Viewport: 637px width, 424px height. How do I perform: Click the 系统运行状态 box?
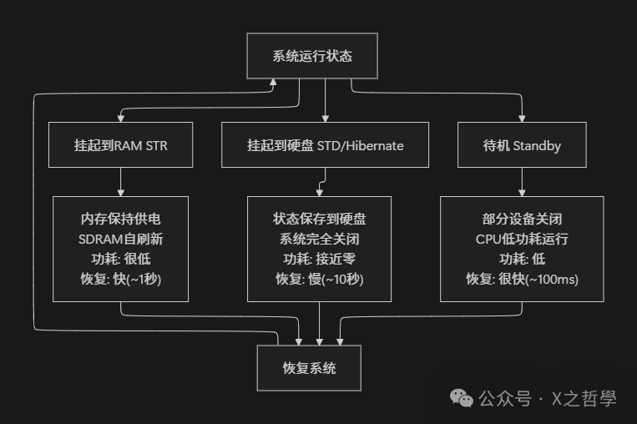pyautogui.click(x=312, y=56)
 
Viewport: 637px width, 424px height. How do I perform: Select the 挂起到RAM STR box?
pyautogui.click(x=121, y=145)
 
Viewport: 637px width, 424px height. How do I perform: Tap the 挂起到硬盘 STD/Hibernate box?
pyautogui.click(x=325, y=145)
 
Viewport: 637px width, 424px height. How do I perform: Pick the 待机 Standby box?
pyautogui.click(x=522, y=145)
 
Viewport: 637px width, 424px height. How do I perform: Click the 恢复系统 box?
pyautogui.click(x=309, y=367)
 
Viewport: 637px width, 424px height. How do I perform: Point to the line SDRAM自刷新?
pyautogui.click(x=121, y=239)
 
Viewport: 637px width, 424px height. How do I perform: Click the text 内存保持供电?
pyautogui.click(x=121, y=219)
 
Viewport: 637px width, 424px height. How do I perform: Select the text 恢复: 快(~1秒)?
pyautogui.click(x=121, y=279)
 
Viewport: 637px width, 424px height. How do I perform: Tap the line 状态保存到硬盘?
pyautogui.click(x=320, y=219)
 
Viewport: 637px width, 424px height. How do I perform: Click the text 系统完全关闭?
pyautogui.click(x=320, y=239)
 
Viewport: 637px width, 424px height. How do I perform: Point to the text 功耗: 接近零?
pyautogui.click(x=320, y=259)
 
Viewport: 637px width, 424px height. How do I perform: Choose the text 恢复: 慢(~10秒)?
pyautogui.click(x=320, y=279)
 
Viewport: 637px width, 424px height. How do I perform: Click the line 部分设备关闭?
pyautogui.click(x=522, y=219)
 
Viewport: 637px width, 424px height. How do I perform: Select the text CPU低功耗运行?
pyautogui.click(x=522, y=239)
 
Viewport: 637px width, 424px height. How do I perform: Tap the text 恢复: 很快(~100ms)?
pyautogui.click(x=522, y=279)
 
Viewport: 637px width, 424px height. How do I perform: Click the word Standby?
pyautogui.click(x=537, y=145)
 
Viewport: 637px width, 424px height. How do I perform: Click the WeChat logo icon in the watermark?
pyautogui.click(x=462, y=398)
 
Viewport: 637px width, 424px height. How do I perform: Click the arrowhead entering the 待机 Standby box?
pyautogui.click(x=523, y=119)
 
